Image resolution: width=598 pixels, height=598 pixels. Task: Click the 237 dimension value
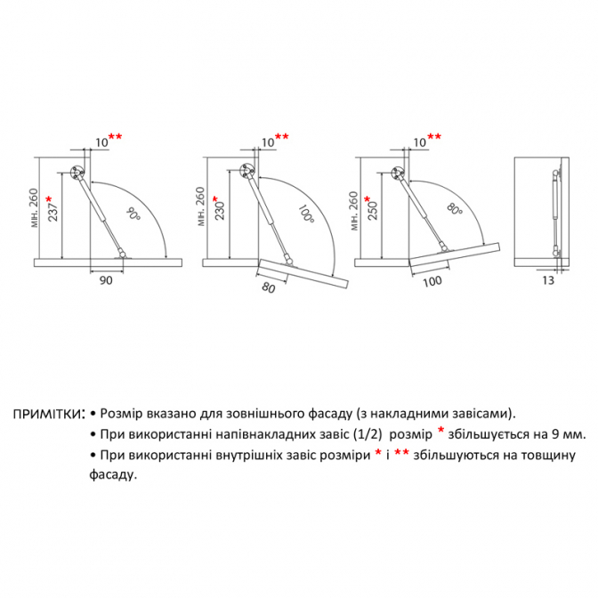click(x=53, y=212)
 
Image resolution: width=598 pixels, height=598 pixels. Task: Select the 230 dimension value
click(x=220, y=211)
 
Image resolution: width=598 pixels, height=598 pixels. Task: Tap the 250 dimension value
click(x=372, y=210)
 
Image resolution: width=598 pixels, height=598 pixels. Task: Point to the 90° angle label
click(x=133, y=214)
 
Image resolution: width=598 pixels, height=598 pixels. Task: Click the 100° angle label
click(x=306, y=214)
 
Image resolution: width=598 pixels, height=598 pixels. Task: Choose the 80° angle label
click(x=454, y=208)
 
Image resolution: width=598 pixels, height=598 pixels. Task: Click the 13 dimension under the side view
click(x=548, y=280)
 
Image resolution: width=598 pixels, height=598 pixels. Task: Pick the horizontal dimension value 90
click(x=106, y=280)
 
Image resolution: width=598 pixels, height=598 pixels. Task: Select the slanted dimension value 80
click(x=269, y=287)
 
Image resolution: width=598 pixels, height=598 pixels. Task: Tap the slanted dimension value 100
click(x=432, y=282)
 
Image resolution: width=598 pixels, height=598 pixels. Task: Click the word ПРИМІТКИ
click(x=45, y=414)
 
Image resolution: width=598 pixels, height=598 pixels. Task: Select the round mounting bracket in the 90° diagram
click(x=77, y=173)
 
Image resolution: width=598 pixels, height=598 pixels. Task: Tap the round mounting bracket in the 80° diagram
click(x=398, y=174)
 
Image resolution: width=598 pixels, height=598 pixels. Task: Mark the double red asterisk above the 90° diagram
click(x=115, y=136)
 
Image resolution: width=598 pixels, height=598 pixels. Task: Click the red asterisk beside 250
click(x=368, y=199)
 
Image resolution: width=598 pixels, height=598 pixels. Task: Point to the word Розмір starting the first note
click(x=121, y=414)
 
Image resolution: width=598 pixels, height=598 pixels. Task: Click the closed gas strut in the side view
click(x=555, y=214)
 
